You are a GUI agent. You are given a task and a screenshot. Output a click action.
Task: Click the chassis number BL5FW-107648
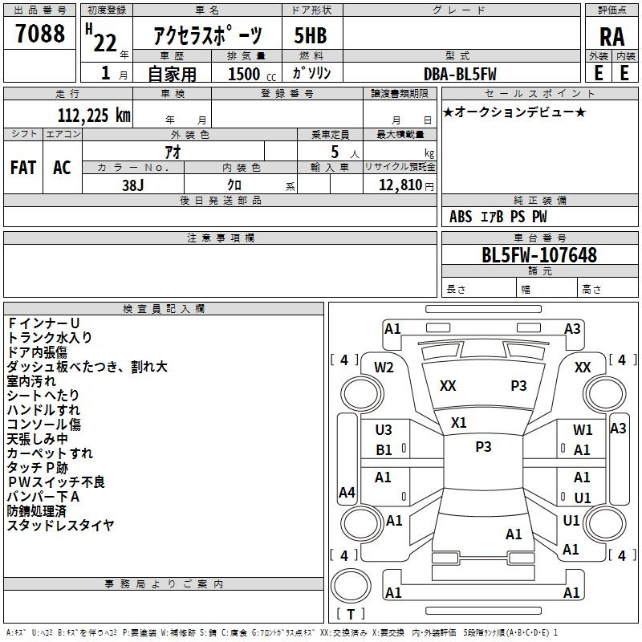[538, 256]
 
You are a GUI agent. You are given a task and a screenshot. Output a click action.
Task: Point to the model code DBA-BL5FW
[460, 74]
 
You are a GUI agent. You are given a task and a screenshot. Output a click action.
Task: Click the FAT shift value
[22, 167]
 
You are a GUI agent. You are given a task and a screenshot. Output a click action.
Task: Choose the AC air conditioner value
[61, 167]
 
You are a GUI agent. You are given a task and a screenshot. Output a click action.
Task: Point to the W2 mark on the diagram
[384, 367]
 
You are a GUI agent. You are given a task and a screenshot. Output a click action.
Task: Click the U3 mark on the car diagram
[384, 430]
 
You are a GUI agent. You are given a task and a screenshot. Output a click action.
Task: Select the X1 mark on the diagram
[459, 423]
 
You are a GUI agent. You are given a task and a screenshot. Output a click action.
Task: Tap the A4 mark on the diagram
[347, 492]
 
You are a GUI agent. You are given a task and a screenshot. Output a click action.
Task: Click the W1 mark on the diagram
[583, 430]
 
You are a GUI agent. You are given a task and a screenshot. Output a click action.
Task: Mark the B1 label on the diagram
[384, 450]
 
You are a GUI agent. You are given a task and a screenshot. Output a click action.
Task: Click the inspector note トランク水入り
[50, 337]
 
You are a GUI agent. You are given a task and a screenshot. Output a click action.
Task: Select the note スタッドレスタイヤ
[61, 526]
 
